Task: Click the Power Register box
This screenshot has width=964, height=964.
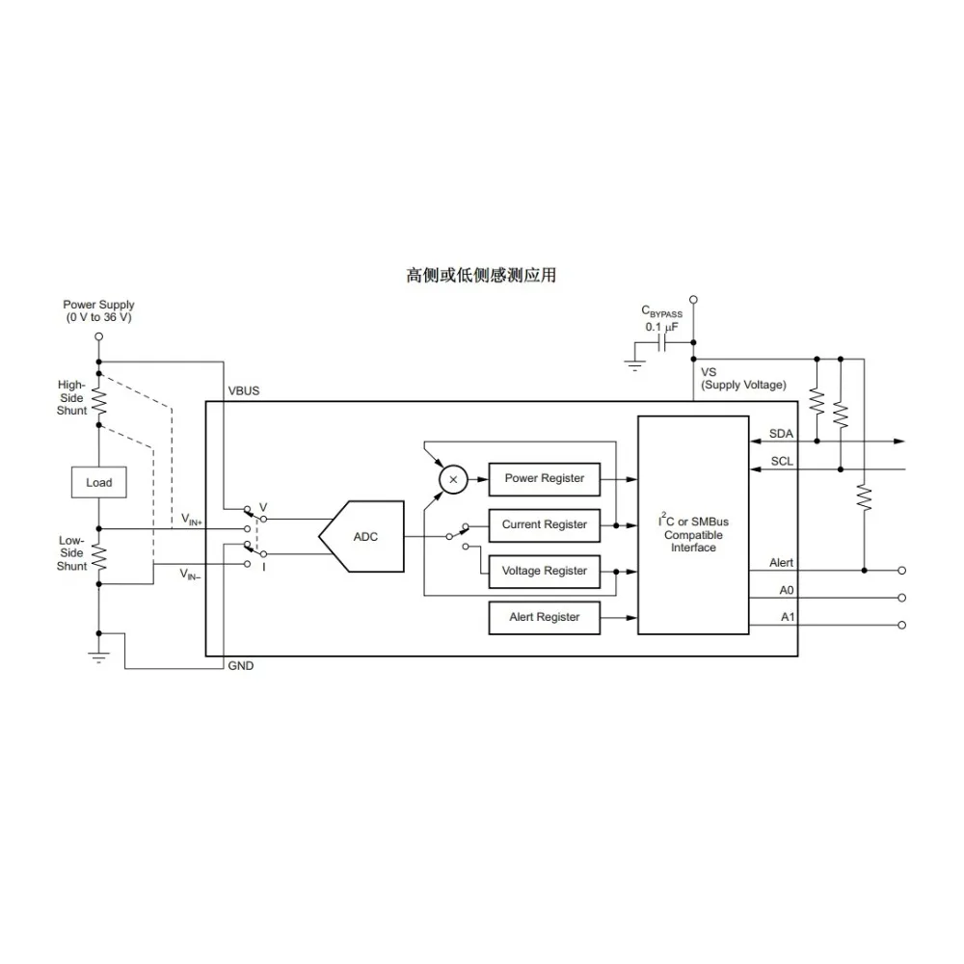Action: coord(544,478)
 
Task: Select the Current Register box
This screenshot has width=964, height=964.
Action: coord(544,524)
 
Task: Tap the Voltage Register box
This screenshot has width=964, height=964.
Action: coord(544,571)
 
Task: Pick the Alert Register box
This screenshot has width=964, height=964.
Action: coord(544,617)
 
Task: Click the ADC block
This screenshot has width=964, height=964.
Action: coord(362,536)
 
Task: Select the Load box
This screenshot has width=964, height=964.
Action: coord(98,482)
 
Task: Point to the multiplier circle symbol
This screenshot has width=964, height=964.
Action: coord(453,479)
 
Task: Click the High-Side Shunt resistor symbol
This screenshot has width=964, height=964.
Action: coord(98,397)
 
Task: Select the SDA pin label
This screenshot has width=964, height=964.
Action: coord(781,434)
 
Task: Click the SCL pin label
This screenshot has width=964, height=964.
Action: coord(782,461)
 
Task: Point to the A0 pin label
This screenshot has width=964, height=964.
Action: coord(787,588)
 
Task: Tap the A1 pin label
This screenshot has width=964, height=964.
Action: coord(787,616)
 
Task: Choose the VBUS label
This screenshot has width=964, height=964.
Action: coord(244,391)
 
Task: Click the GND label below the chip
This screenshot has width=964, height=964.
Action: coord(240,666)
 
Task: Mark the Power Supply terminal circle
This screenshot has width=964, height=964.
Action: coord(98,336)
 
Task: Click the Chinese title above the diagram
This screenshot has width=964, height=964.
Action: coord(481,276)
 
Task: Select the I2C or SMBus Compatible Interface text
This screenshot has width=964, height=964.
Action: coord(693,534)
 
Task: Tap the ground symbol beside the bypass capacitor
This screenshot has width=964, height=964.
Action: coord(634,364)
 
